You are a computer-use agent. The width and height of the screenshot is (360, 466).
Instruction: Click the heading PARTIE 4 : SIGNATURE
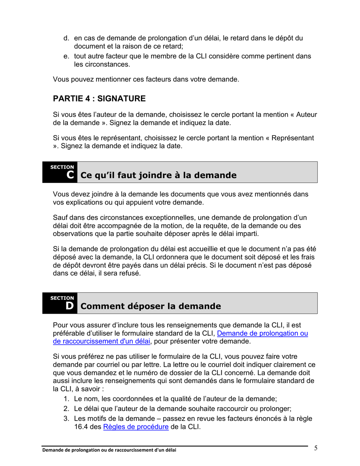pos(99,99)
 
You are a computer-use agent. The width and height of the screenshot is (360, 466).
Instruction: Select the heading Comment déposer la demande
pos(150,306)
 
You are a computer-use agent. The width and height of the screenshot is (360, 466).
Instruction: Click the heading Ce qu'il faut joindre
pos(158,175)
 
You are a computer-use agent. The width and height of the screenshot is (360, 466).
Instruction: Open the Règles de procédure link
pos(136,427)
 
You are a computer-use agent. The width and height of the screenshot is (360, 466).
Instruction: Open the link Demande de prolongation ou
pos(262,333)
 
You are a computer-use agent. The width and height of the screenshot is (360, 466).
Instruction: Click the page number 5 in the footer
pos(316,449)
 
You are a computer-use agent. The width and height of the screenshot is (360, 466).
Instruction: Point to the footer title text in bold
pos(109,450)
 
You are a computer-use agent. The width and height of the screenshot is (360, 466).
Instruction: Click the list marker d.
pos(66,38)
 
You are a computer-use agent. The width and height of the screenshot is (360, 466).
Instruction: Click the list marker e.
pos(66,56)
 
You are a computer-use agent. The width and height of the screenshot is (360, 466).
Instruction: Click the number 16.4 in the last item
pos(81,427)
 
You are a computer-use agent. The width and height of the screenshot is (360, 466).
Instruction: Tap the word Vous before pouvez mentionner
pos(61,80)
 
